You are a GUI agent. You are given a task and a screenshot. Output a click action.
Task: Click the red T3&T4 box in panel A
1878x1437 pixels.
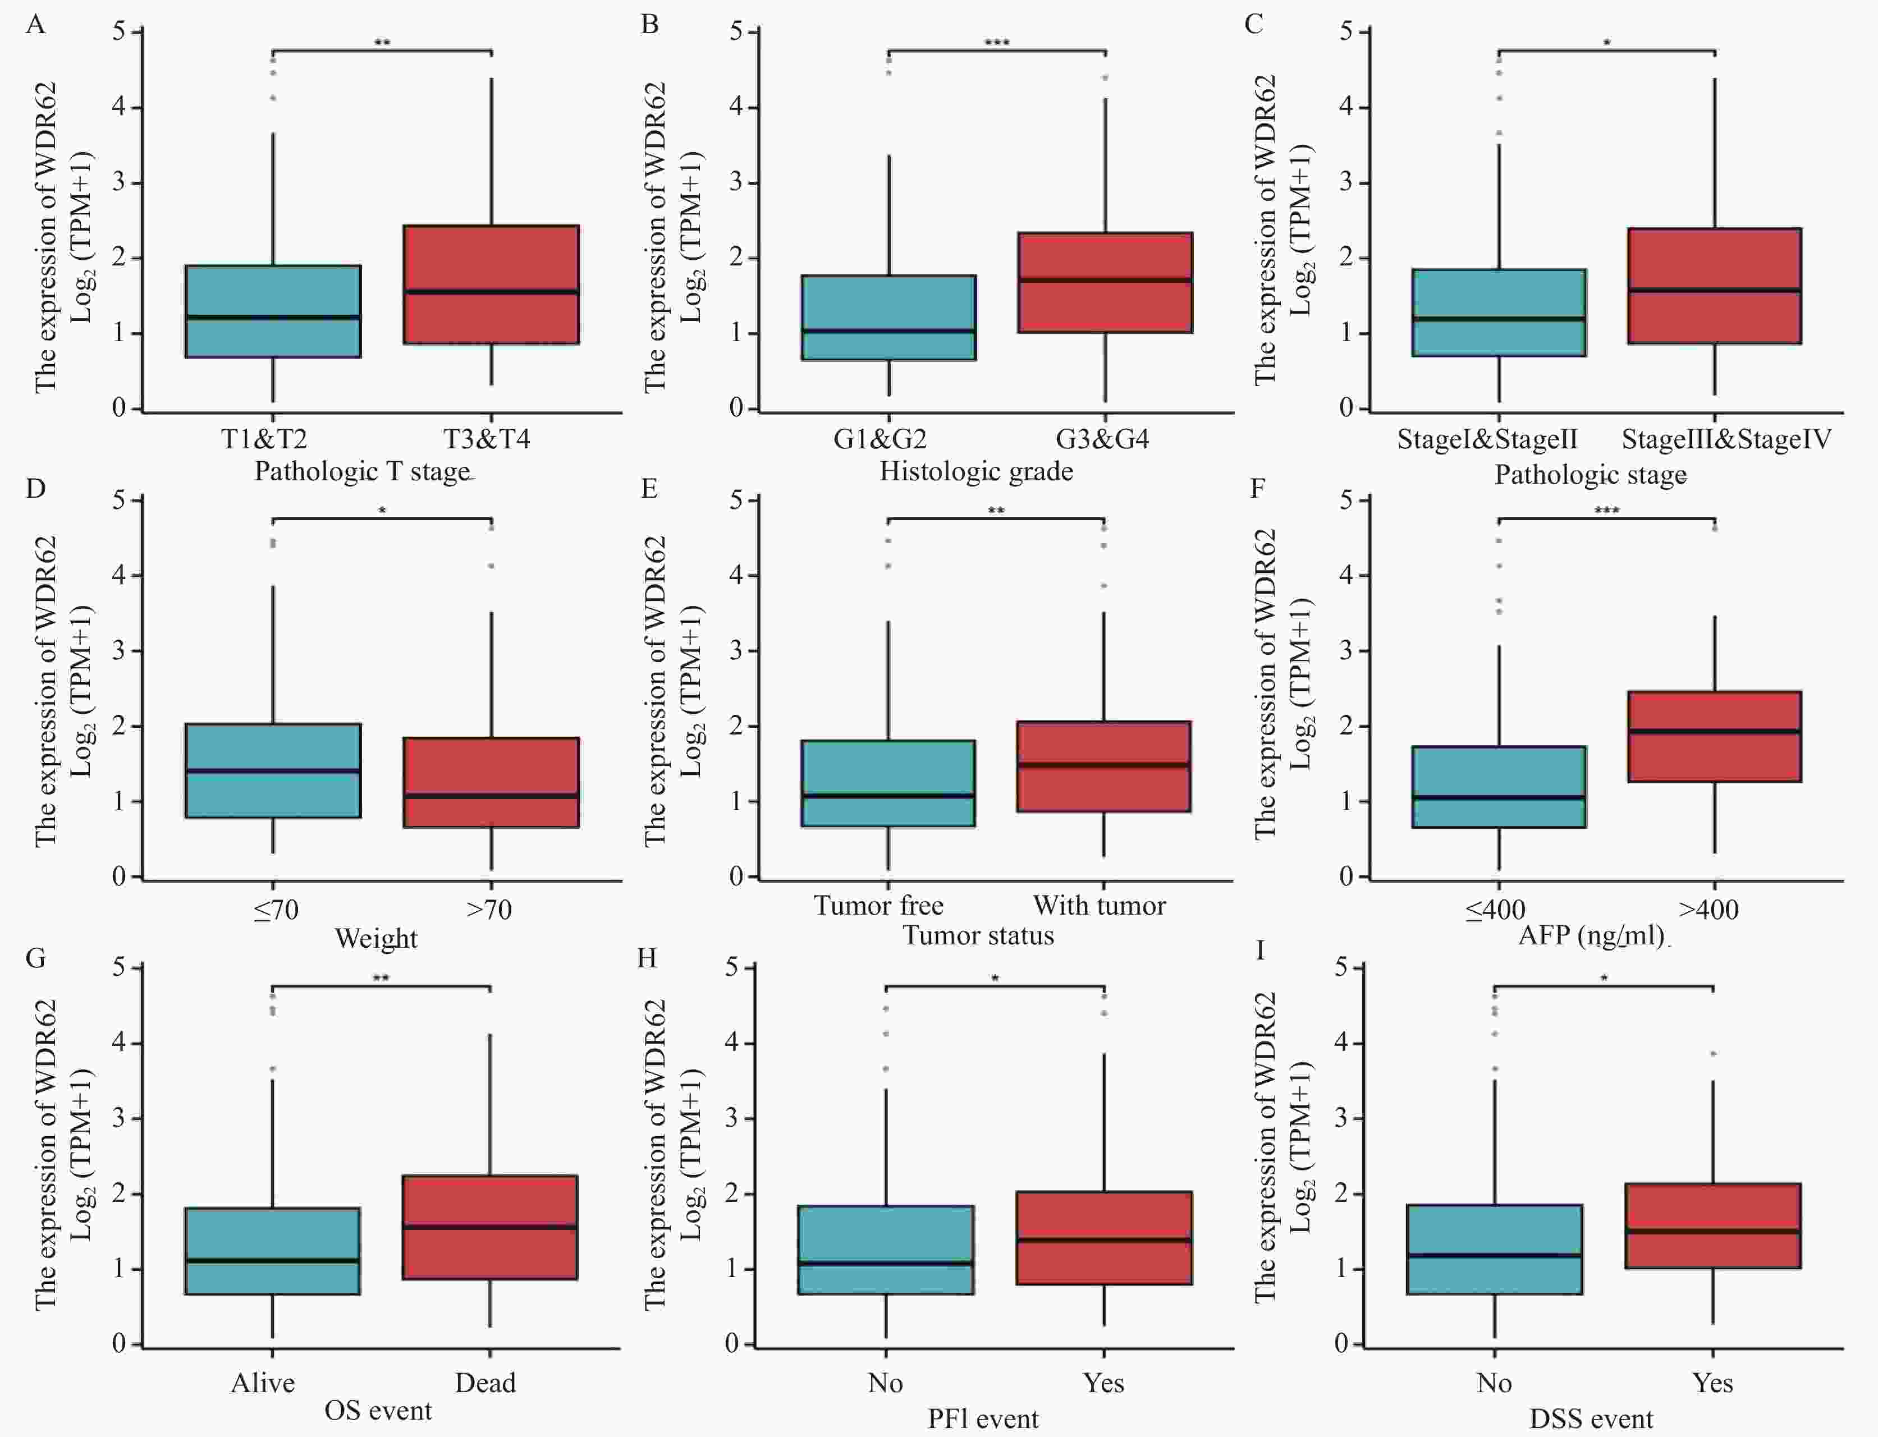click(x=491, y=285)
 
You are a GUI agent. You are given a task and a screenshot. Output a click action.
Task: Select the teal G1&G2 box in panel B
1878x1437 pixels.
click(x=889, y=318)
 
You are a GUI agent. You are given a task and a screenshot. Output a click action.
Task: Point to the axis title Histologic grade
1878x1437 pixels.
click(x=976, y=471)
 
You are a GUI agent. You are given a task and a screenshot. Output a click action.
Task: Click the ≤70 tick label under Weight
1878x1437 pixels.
click(x=276, y=909)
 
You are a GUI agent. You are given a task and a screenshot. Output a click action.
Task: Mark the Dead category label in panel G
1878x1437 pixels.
click(x=485, y=1383)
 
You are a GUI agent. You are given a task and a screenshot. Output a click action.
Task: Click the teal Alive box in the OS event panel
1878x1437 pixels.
click(x=273, y=1251)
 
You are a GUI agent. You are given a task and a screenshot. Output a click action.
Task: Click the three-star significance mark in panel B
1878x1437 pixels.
click(x=997, y=43)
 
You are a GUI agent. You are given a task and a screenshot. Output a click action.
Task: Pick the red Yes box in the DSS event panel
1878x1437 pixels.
click(x=1713, y=1225)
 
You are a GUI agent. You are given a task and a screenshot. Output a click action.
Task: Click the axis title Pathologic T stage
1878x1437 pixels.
click(x=363, y=471)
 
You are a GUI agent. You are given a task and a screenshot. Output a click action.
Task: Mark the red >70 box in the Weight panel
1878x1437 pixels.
click(x=491, y=782)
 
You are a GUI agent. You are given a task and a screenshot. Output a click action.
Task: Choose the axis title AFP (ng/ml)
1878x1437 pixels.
click(x=1591, y=935)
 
